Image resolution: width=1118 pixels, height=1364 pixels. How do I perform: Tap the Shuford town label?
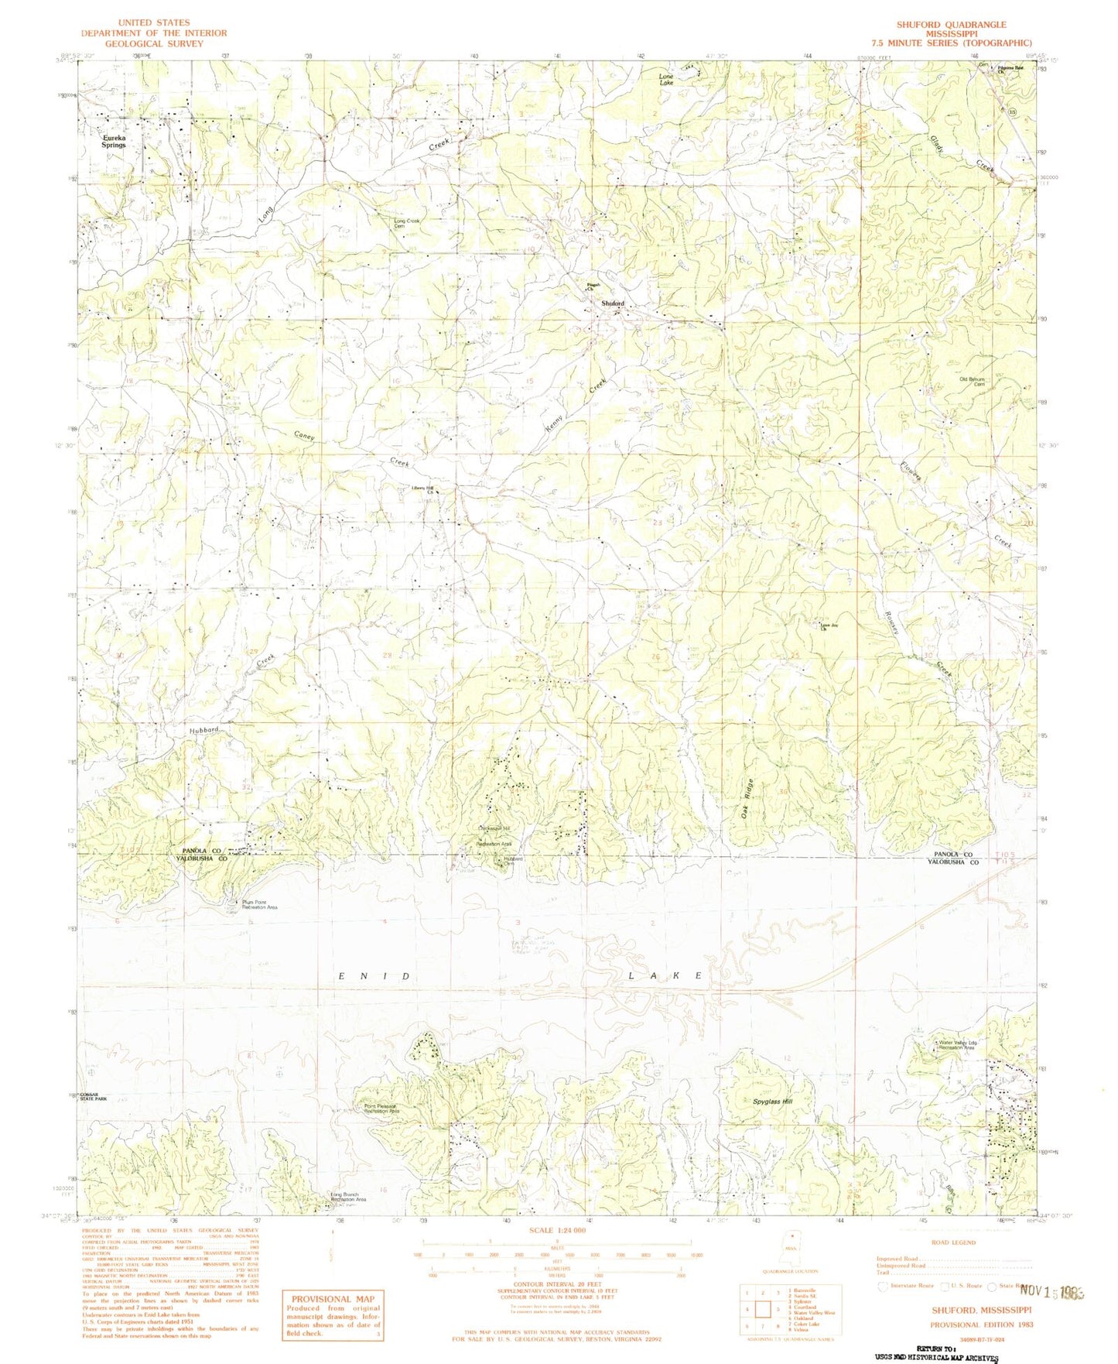click(613, 303)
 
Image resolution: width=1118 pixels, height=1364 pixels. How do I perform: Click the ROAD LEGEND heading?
click(953, 1242)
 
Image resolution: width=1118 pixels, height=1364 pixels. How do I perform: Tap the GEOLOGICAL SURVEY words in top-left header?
click(154, 43)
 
